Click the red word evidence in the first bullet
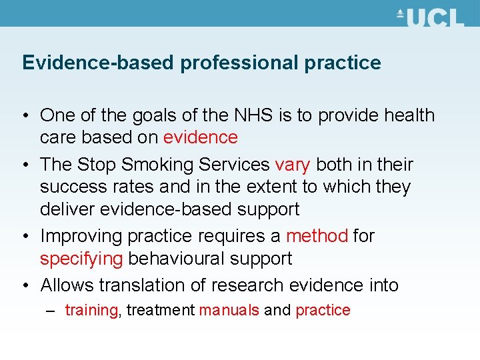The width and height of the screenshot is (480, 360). coord(200,137)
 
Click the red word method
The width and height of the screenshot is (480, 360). coord(317,236)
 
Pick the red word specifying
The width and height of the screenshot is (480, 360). coord(81,259)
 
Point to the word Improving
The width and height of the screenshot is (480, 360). coord(81,236)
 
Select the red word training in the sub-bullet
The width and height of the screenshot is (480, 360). coord(91,310)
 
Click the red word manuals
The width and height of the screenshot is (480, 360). coord(229,310)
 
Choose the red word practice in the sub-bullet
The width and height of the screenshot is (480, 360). coord(323,310)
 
